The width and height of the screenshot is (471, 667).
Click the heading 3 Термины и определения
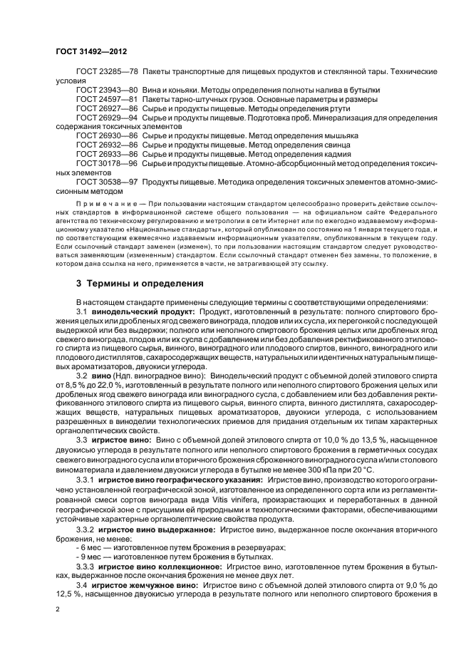(140, 283)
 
